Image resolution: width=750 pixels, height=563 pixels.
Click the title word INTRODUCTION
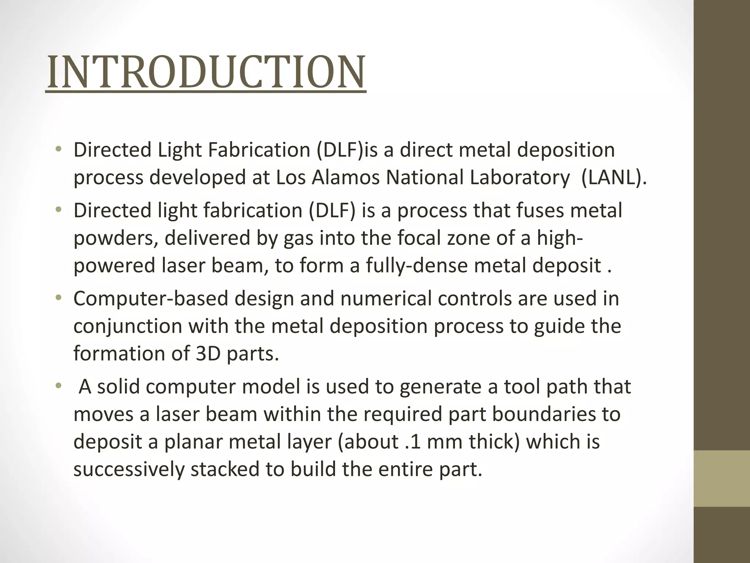(x=206, y=72)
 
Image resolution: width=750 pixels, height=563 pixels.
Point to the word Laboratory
(x=520, y=177)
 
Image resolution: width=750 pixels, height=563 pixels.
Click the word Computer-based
(x=151, y=298)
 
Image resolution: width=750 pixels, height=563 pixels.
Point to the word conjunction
(x=127, y=326)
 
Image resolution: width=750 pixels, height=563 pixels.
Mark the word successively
(x=129, y=470)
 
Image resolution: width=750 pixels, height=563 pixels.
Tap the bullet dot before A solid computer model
(x=58, y=386)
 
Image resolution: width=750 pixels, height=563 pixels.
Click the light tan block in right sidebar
(x=722, y=478)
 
